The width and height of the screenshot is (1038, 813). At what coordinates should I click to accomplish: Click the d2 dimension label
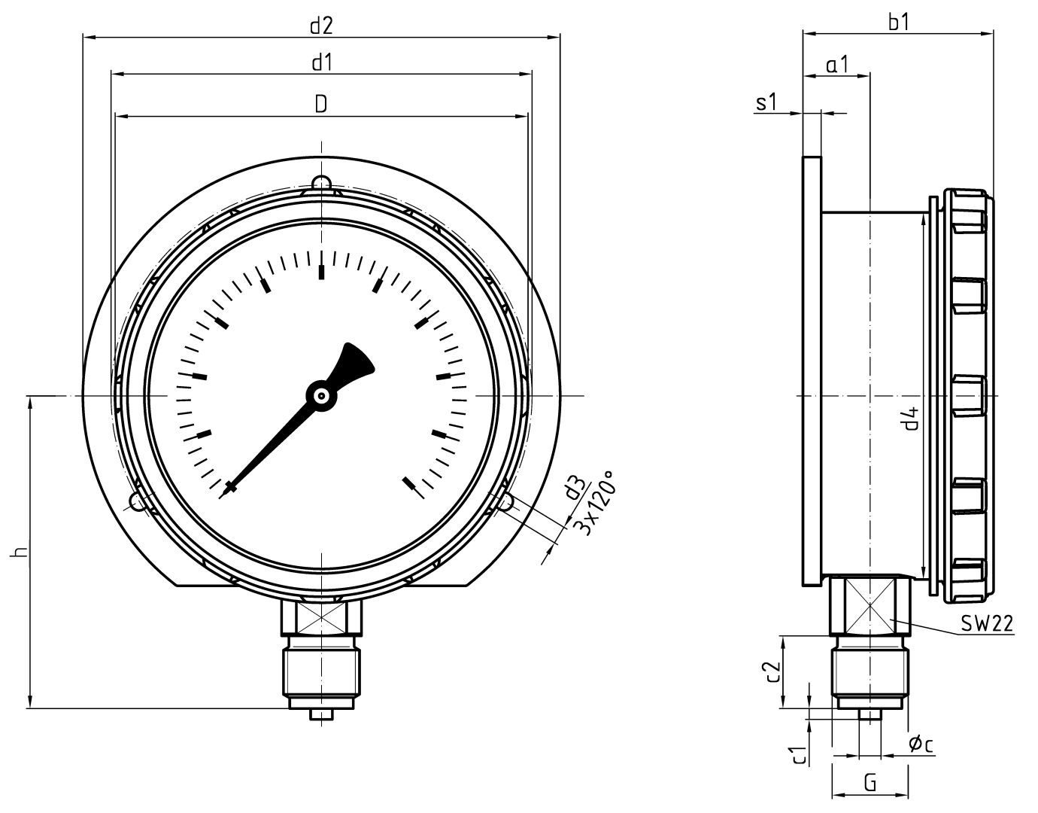click(x=321, y=26)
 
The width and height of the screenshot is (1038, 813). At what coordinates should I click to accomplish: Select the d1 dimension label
click(x=321, y=63)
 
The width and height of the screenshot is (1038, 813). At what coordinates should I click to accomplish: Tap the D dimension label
click(x=321, y=105)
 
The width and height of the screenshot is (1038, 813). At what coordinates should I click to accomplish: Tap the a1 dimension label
click(x=836, y=65)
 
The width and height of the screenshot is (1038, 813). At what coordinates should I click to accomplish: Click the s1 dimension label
click(x=766, y=103)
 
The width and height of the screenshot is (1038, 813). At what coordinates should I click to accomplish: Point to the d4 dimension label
click(x=911, y=419)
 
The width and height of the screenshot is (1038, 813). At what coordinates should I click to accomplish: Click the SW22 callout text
click(x=987, y=624)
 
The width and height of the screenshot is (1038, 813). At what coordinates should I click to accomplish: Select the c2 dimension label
click(x=769, y=672)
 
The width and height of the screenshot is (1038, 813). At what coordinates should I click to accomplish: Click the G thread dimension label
click(x=870, y=782)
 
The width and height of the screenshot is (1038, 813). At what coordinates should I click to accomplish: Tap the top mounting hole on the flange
click(x=321, y=183)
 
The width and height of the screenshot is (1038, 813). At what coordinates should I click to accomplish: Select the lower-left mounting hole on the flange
click(x=138, y=501)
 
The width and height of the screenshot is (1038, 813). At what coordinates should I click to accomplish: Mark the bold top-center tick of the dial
click(x=322, y=272)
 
